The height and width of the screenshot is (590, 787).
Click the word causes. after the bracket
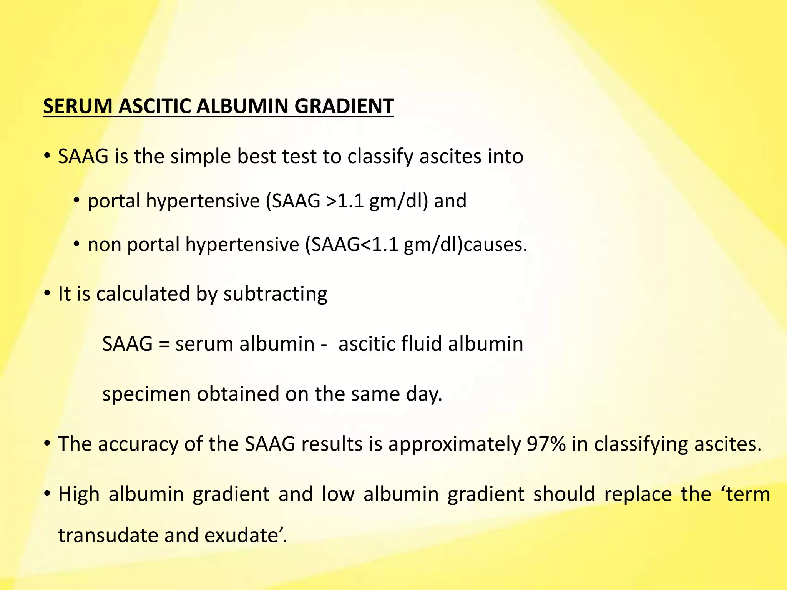495,245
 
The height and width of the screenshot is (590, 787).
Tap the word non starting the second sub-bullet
104,245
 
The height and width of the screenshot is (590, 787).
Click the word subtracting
275,294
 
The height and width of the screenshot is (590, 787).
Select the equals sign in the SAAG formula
164,344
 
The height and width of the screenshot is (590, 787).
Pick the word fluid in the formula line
421,344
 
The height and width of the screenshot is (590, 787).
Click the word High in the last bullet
79,494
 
